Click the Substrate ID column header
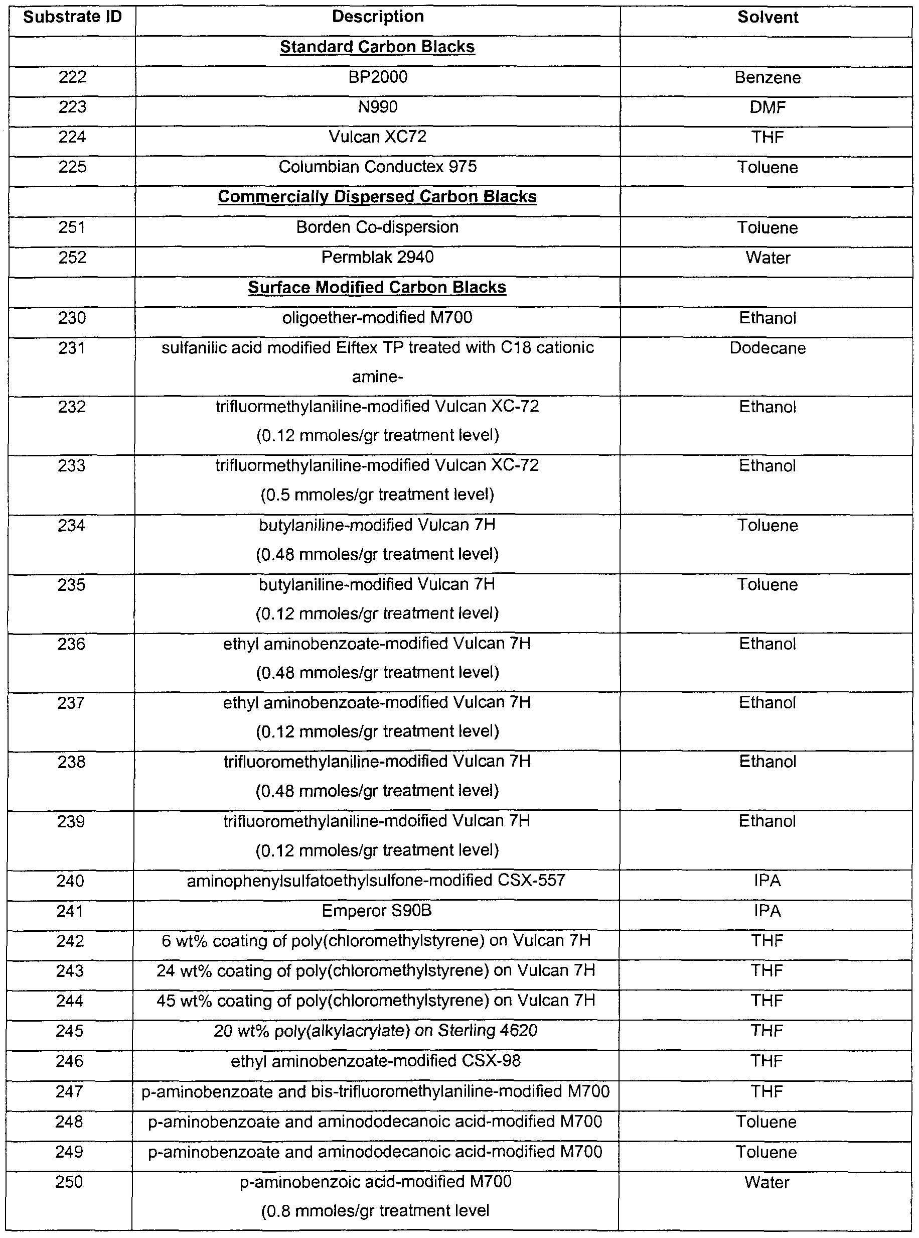[72, 17]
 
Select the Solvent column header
[767, 17]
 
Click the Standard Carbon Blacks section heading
[377, 47]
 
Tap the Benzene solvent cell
[767, 77]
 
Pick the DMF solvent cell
[767, 107]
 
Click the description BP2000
[378, 77]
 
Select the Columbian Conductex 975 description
[378, 167]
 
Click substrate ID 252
[72, 257]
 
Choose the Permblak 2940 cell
[378, 257]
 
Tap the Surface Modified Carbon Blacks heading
[377, 287]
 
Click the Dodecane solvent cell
[767, 348]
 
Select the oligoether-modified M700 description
[377, 318]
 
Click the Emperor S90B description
[377, 911]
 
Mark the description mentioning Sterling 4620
[376, 1031]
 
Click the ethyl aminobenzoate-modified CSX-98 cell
[376, 1061]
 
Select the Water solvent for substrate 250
[767, 1182]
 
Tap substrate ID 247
[70, 1091]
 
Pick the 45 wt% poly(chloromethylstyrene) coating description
[376, 1001]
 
